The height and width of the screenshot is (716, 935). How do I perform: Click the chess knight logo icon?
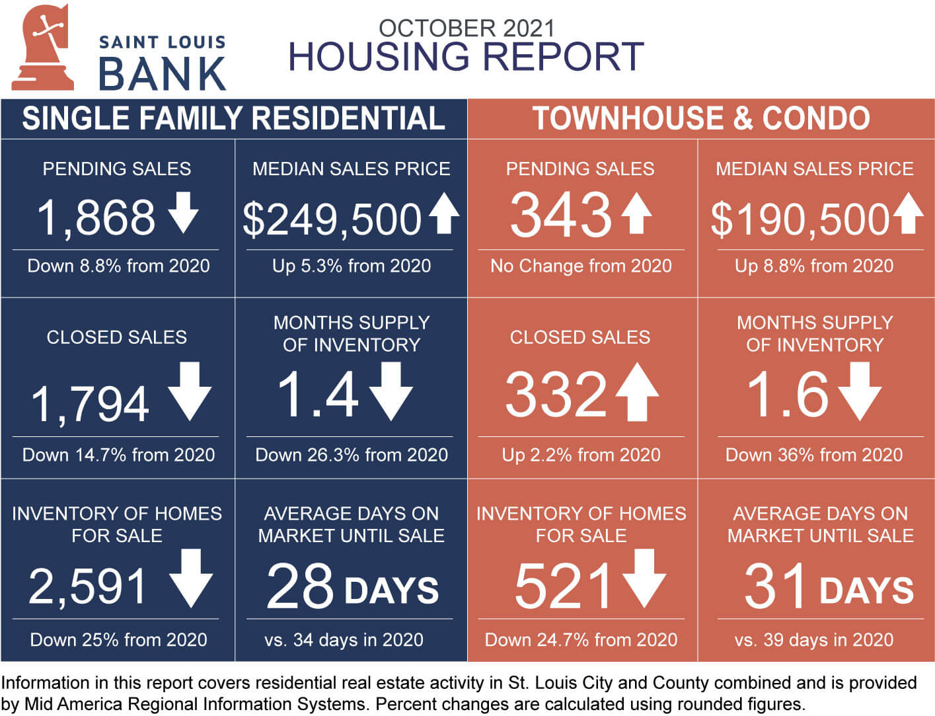coord(42,48)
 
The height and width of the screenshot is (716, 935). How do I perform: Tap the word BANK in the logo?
coord(163,74)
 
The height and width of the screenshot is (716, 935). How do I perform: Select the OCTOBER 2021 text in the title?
coord(466,28)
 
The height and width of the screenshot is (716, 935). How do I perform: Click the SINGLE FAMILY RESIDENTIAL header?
coord(233,119)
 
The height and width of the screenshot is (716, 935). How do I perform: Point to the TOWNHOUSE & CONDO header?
coord(701,119)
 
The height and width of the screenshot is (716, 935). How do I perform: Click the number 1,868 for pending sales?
coord(96,218)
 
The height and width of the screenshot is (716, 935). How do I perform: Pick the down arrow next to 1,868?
coord(183,212)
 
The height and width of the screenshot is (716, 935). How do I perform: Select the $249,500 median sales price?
coord(332,219)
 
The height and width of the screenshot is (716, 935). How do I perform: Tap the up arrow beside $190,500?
coord(909,212)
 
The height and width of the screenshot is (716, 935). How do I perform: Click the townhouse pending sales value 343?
coord(561,215)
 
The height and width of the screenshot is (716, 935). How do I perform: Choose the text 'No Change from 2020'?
coord(581,266)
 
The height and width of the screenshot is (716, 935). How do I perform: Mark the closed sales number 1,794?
coord(90,404)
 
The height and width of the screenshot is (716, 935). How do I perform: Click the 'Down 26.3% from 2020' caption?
coord(352,455)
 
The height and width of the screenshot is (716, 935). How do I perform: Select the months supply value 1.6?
coord(787,395)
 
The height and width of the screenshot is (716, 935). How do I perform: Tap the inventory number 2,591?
coord(87,586)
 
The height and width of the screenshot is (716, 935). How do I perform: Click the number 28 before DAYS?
coord(300,586)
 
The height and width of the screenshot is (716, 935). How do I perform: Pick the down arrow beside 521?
coord(644,578)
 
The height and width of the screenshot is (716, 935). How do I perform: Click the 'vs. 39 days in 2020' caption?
coord(813,640)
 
